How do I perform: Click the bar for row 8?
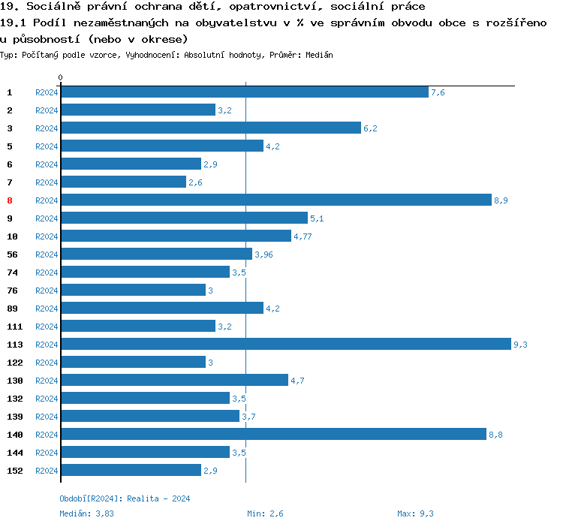pyautogui.click(x=275, y=200)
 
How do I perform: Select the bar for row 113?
pyautogui.click(x=285, y=344)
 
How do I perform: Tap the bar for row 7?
pyautogui.click(x=123, y=182)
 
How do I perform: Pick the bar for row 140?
pyautogui.click(x=273, y=434)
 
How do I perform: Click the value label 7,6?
pyautogui.click(x=438, y=92)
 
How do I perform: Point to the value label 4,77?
pyautogui.click(x=303, y=236)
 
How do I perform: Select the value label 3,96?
pyautogui.click(x=263, y=254)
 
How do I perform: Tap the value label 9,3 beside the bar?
pyautogui.click(x=520, y=345)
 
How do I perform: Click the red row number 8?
pyautogui.click(x=10, y=200)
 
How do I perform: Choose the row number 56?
pyautogui.click(x=12, y=254)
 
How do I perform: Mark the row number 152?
pyautogui.click(x=15, y=471)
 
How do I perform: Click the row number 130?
pyautogui.click(x=15, y=381)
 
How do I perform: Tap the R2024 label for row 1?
pyautogui.click(x=47, y=92)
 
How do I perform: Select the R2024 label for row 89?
pyautogui.click(x=47, y=309)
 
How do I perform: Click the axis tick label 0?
pyautogui.click(x=61, y=77)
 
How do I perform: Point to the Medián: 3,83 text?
pyautogui.click(x=86, y=513)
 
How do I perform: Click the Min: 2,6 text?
pyautogui.click(x=265, y=513)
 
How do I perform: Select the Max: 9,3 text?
pyautogui.click(x=415, y=513)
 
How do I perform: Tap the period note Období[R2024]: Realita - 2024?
pyautogui.click(x=125, y=498)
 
